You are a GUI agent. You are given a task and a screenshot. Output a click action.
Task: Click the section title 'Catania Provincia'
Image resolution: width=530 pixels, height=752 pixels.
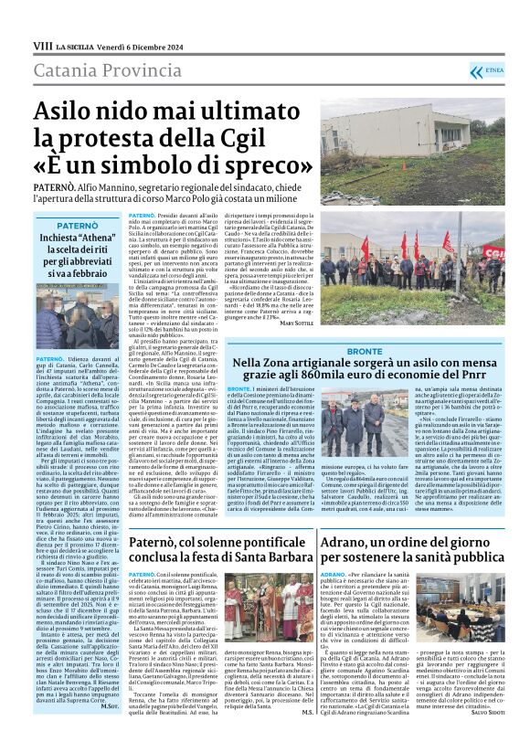(96, 70)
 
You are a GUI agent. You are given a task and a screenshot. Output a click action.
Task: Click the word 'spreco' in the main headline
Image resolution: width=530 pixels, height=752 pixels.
(260, 166)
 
